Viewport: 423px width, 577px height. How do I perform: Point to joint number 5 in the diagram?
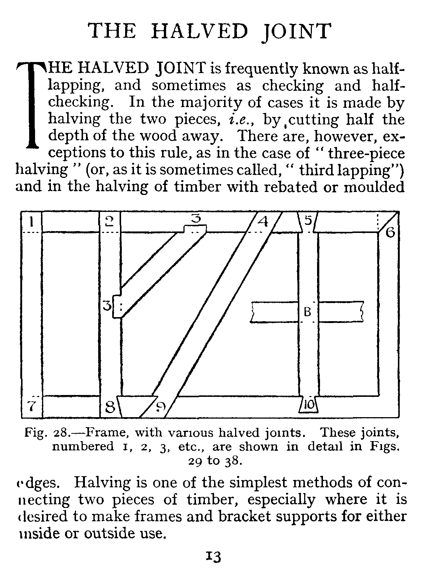coord(309,221)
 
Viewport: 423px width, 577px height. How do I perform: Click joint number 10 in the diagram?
coord(310,405)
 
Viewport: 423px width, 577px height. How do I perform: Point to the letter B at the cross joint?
coord(307,312)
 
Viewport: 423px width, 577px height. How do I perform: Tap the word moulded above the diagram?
coord(374,187)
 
